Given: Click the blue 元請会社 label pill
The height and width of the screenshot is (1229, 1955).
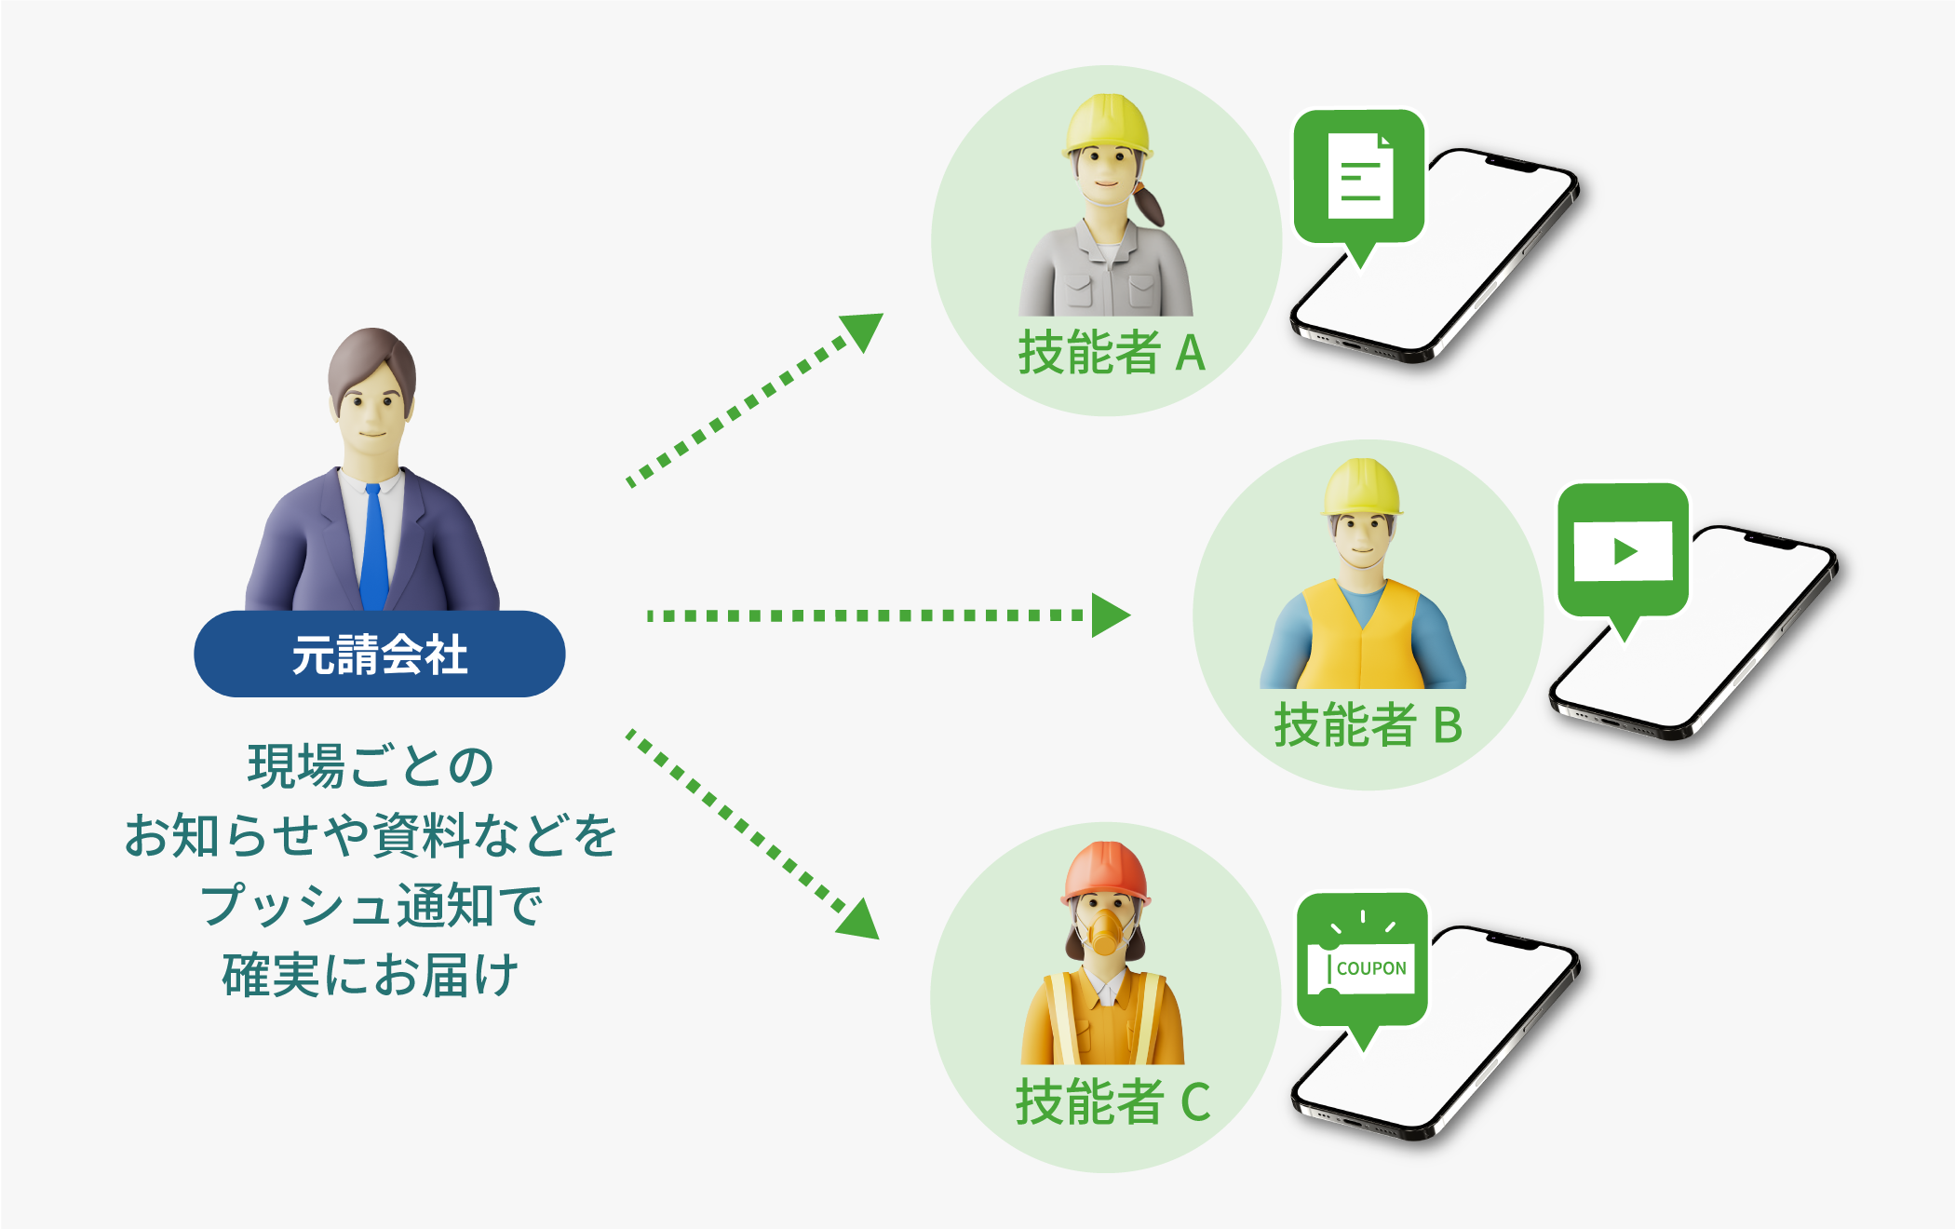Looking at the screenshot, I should pyautogui.click(x=379, y=654).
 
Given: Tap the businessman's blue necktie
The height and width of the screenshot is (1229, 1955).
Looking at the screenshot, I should pyautogui.click(x=373, y=549).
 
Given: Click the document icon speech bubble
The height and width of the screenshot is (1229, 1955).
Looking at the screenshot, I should pyautogui.click(x=1359, y=177).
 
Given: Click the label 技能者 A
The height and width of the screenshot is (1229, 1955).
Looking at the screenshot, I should pyautogui.click(x=1112, y=353).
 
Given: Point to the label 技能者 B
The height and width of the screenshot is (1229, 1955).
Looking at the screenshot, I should pyautogui.click(x=1368, y=725).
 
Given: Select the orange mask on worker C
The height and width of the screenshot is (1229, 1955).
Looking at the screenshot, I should pyautogui.click(x=1105, y=931).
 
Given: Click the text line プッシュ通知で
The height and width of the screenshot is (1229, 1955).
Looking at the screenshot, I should pyautogui.click(x=371, y=905).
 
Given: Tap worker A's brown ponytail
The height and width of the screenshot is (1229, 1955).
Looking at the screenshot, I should pyautogui.click(x=1151, y=206).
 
